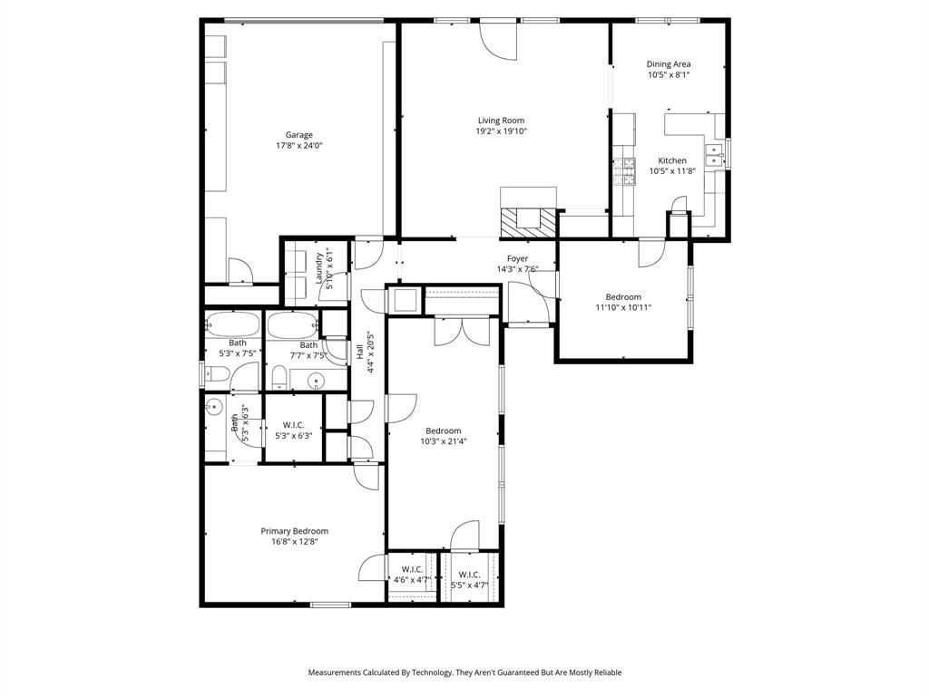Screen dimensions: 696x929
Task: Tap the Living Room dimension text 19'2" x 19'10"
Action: pyautogui.click(x=502, y=131)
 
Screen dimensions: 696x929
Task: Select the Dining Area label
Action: pyautogui.click(x=669, y=64)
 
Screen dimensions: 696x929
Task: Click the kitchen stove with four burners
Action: pyautogui.click(x=624, y=171)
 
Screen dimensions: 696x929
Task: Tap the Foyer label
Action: pyautogui.click(x=517, y=258)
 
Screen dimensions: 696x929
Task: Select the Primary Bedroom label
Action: pyautogui.click(x=294, y=531)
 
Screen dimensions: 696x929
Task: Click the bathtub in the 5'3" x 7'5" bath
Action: pyautogui.click(x=231, y=324)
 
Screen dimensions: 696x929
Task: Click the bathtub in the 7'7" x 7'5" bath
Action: pyautogui.click(x=290, y=324)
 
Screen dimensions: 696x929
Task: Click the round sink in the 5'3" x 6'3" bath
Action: pyautogui.click(x=214, y=407)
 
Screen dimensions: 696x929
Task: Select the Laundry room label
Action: pyautogui.click(x=319, y=268)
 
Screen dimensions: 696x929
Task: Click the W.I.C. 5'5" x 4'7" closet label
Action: pyautogui.click(x=469, y=575)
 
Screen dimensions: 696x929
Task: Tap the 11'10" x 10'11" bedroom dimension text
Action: pyautogui.click(x=623, y=307)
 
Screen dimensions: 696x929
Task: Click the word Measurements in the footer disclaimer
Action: pyautogui.click(x=337, y=672)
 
